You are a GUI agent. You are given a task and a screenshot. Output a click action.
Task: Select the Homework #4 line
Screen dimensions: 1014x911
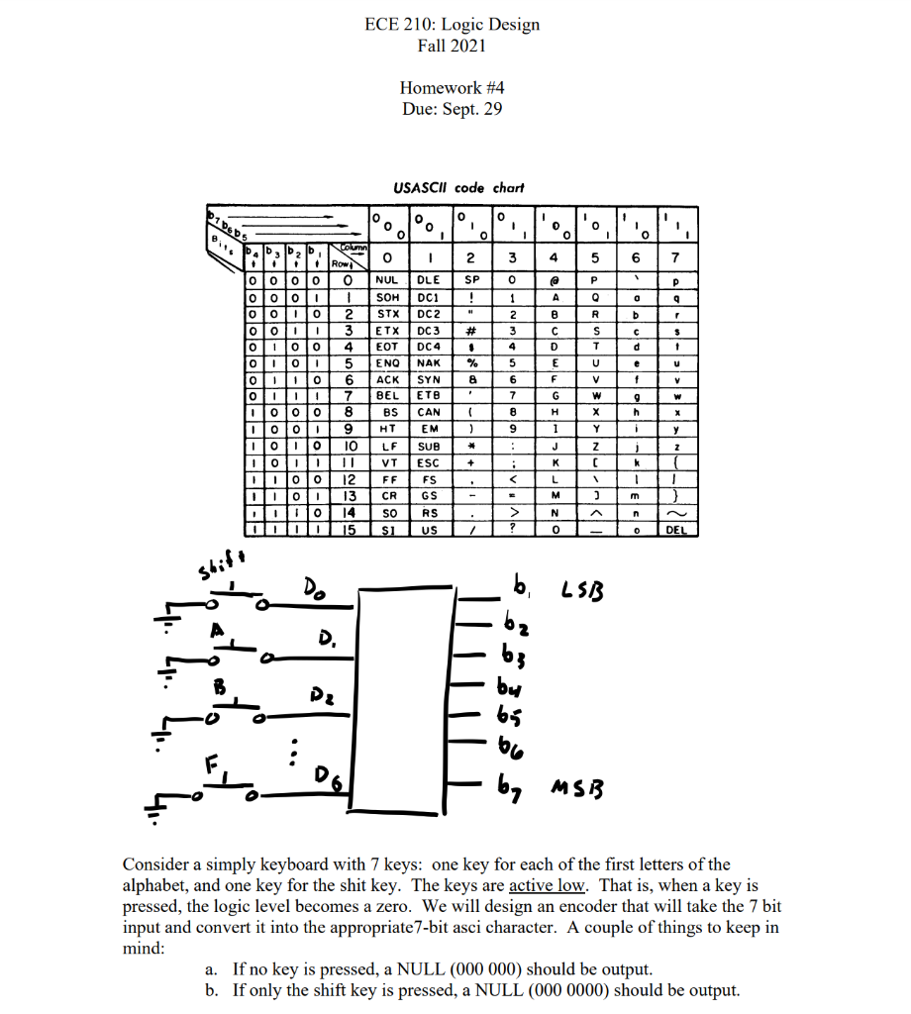(452, 87)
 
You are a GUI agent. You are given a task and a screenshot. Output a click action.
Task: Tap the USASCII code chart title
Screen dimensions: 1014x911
(458, 187)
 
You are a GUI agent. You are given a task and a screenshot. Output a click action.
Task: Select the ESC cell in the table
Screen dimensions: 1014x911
(429, 462)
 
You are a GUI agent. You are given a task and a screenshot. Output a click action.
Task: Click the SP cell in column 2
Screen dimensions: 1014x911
(471, 280)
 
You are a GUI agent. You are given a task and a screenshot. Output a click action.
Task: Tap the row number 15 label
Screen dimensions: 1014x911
(348, 531)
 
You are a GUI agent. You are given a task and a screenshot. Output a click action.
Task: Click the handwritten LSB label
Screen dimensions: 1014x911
(586, 594)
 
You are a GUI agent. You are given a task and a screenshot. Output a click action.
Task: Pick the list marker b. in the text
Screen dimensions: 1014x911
(211, 990)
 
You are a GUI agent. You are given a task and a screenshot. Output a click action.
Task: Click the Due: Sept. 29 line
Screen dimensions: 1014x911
(452, 109)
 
